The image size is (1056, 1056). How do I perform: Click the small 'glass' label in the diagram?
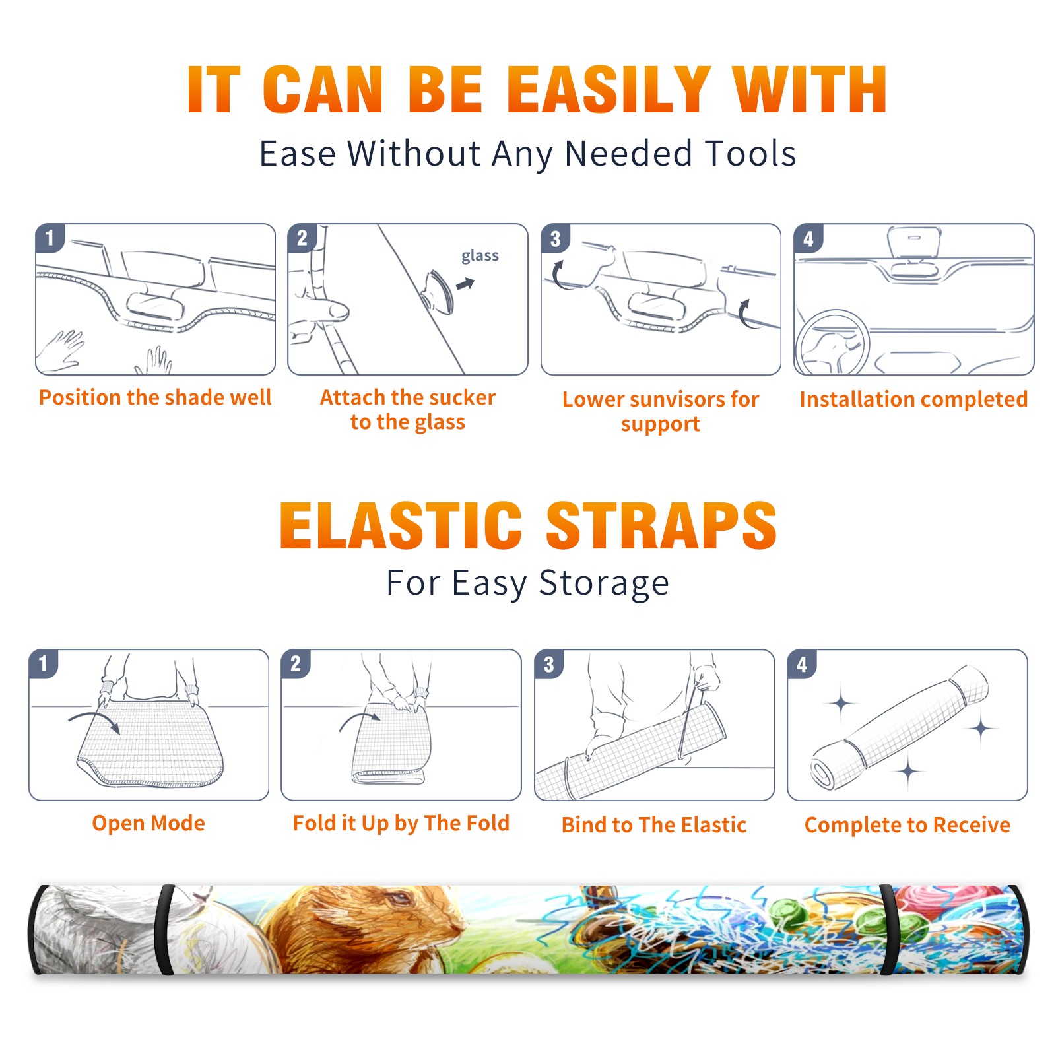[x=480, y=256]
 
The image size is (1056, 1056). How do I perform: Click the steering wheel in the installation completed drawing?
[x=832, y=342]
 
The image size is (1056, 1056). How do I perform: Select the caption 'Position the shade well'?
[x=155, y=397]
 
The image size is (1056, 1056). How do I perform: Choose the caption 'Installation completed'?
[x=913, y=399]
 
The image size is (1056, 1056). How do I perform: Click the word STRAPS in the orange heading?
[x=661, y=525]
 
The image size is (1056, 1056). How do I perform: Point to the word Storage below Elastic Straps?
[x=604, y=583]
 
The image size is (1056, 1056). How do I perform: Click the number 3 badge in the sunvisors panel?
[x=555, y=239]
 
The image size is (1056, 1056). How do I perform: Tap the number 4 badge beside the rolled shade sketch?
[x=802, y=664]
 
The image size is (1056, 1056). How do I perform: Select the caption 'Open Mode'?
[x=148, y=823]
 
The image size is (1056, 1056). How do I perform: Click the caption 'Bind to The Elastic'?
[x=653, y=825]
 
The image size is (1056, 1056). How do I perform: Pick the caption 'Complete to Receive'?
[x=907, y=825]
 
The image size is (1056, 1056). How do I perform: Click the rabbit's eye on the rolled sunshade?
[x=398, y=900]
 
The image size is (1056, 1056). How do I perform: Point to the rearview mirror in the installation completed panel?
[x=913, y=242]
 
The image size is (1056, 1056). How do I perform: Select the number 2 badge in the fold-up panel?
[x=295, y=664]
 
